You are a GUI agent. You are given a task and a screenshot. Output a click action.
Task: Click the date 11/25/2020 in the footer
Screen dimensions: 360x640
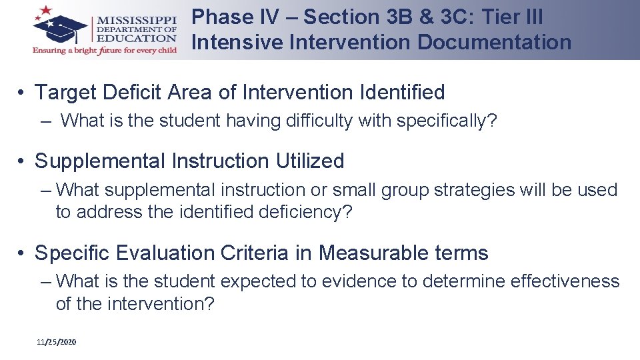click(57, 342)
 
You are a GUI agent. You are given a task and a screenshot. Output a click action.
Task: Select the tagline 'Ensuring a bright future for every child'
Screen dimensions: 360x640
click(104, 51)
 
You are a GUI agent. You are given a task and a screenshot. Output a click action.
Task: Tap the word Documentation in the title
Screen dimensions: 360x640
click(494, 42)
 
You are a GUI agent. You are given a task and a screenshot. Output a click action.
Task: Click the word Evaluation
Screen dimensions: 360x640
click(150, 253)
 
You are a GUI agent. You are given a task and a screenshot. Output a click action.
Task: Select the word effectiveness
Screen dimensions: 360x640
click(565, 282)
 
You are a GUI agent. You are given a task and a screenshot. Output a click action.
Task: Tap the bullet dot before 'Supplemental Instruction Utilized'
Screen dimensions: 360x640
click(22, 162)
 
